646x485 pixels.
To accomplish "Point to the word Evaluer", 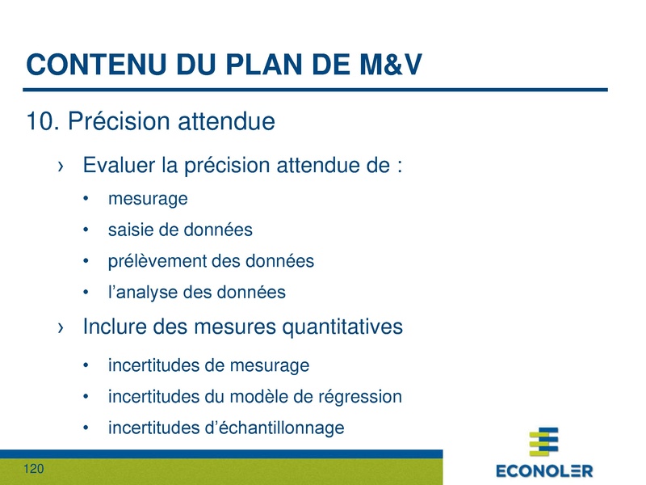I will click(119, 167).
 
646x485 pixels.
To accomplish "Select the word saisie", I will click(130, 230).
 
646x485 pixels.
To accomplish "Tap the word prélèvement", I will click(157, 261).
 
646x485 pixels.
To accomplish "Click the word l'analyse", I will click(142, 293).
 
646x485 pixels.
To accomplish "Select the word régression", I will click(363, 397).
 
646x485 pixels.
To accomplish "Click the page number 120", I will click(34, 470).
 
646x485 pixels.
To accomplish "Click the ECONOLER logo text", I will click(543, 470).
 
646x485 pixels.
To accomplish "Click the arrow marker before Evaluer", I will click(61, 167).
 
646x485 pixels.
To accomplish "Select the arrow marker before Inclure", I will click(61, 328).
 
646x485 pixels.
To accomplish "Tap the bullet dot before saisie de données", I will click(86, 230).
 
